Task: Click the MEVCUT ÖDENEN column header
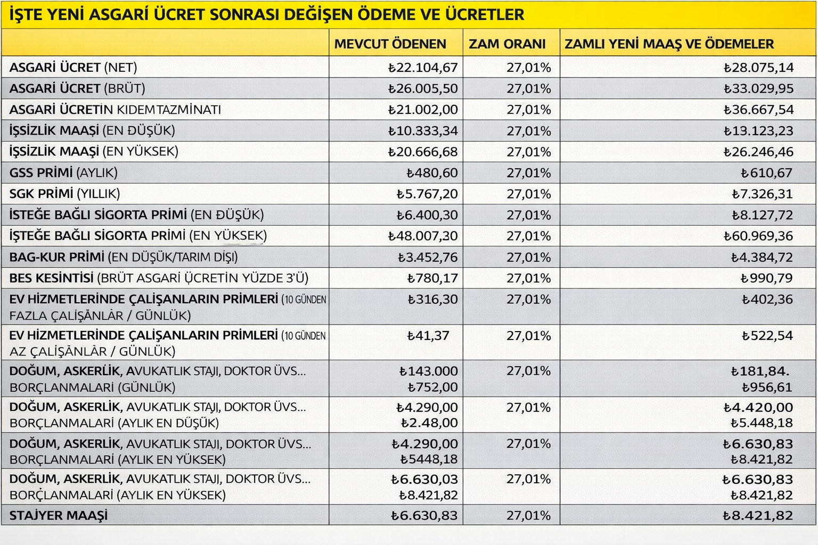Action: coord(390,44)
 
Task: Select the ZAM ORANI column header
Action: coord(507,44)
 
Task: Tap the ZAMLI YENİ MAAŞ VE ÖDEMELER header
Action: coord(669,44)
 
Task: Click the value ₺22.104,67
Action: coord(423,68)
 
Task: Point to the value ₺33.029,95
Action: coord(758,88)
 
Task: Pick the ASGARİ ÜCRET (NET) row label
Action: coord(73,68)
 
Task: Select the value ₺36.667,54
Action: coord(758,110)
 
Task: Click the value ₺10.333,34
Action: coord(423,131)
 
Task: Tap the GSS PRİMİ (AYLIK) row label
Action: coord(63,173)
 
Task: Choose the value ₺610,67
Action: coord(766,173)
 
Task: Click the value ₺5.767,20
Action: coord(427,194)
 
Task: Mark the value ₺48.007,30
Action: coord(423,236)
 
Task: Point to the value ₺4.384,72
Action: coord(762,257)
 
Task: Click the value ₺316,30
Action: coord(432,299)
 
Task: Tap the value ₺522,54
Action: coord(767,336)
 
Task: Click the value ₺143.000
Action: coord(428,371)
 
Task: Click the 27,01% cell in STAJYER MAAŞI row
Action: coord(528,515)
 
